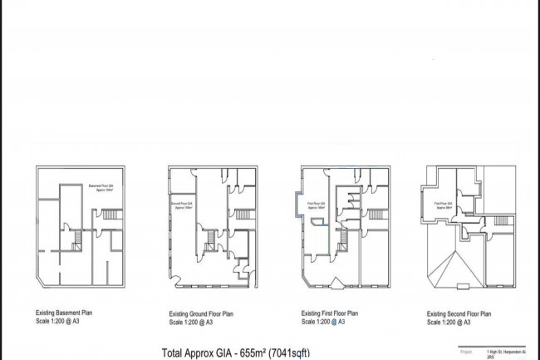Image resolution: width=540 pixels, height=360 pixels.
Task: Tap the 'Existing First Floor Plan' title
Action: point(330,314)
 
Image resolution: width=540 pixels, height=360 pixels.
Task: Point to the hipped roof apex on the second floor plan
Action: point(454,261)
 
